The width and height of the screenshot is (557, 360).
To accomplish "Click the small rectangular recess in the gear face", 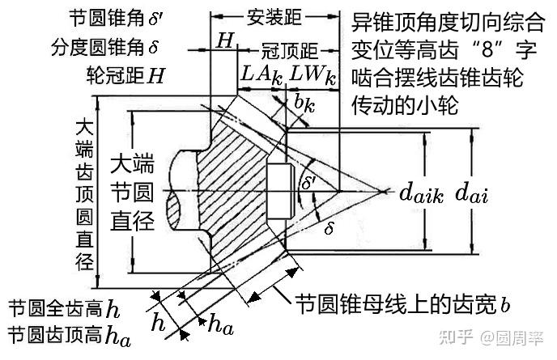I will (x=279, y=191).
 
